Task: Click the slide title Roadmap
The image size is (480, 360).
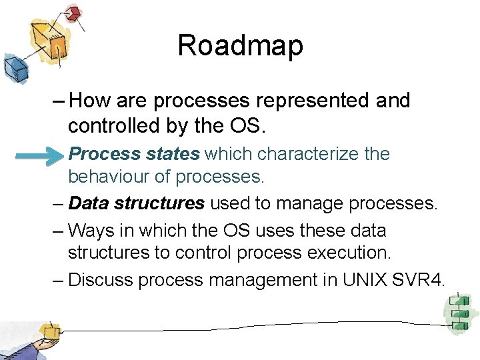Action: [x=240, y=46]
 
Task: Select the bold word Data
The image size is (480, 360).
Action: [x=89, y=203]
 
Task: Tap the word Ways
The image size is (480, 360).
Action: [x=91, y=231]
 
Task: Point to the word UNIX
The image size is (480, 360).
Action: [x=365, y=280]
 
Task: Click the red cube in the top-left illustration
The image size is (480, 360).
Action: [x=74, y=13]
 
